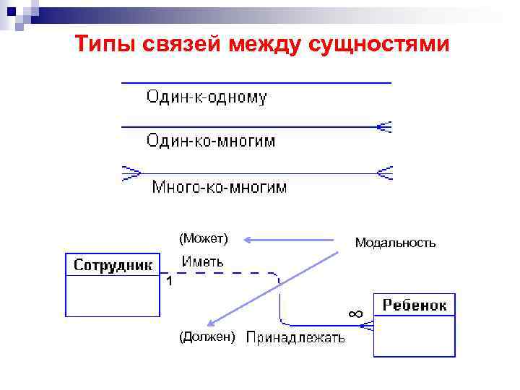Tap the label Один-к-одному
207,97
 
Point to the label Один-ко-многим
211,140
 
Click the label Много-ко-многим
219,187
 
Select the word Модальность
395,243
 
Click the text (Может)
204,238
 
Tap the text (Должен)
207,336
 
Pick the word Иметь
202,261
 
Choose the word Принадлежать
296,337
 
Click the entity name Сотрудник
113,265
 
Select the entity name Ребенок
414,305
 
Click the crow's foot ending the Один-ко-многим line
384,127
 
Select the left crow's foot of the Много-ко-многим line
131,173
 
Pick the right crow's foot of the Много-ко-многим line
384,173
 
